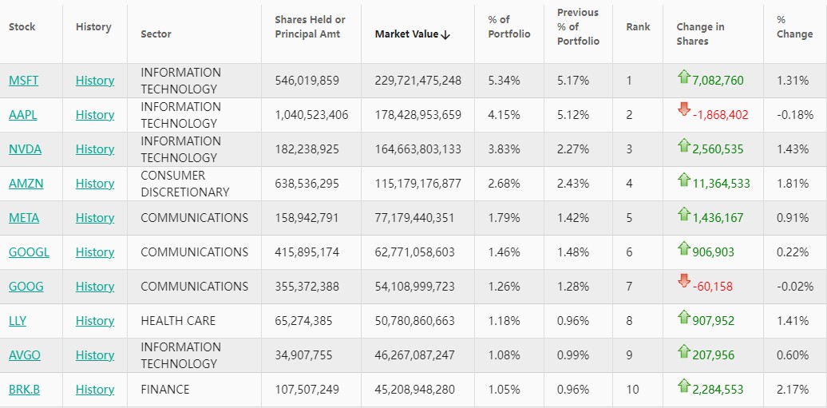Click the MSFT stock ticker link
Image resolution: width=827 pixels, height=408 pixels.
click(x=23, y=81)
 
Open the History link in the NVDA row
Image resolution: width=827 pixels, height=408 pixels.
click(x=95, y=149)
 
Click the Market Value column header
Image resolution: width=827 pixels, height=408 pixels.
click(x=413, y=34)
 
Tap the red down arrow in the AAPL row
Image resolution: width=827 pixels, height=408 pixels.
click(x=683, y=109)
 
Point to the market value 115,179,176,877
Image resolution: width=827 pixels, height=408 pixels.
click(x=418, y=184)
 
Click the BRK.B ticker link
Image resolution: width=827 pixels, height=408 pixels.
click(x=24, y=390)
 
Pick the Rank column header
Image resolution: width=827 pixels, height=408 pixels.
click(x=638, y=27)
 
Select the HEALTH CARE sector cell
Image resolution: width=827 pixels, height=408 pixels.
click(x=178, y=321)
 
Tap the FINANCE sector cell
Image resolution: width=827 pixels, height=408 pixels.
click(x=165, y=390)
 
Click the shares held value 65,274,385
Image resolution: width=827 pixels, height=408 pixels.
click(x=307, y=321)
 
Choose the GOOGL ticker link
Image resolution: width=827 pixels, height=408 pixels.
click(x=29, y=252)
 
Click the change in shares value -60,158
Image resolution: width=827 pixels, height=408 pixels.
click(x=712, y=287)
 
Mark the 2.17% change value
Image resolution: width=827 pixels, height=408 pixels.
click(x=793, y=390)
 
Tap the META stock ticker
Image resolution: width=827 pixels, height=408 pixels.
click(x=24, y=218)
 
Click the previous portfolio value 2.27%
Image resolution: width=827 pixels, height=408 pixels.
click(x=573, y=149)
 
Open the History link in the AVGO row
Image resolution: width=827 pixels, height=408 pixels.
click(x=95, y=355)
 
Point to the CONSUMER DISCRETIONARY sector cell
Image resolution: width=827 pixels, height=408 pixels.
click(x=185, y=184)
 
